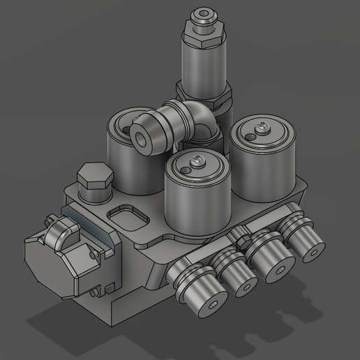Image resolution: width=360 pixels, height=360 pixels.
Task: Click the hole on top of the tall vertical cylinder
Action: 203,13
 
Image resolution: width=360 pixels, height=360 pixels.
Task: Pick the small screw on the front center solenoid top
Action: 194,162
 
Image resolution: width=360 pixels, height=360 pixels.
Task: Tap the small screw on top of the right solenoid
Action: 262,127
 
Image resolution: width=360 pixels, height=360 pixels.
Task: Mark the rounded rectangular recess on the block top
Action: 129,216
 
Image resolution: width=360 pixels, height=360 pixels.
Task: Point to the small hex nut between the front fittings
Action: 244,243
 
